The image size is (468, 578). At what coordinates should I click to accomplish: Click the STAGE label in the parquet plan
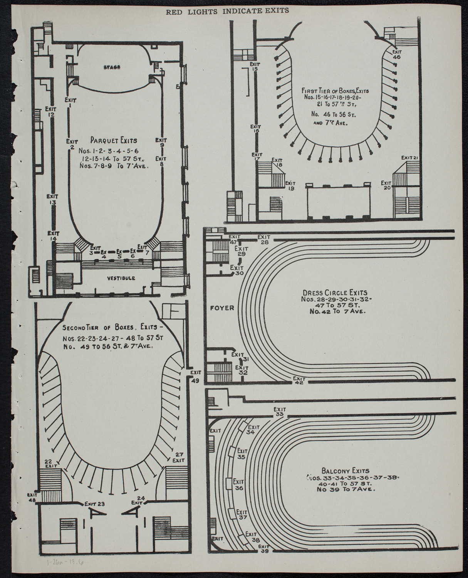[112, 67]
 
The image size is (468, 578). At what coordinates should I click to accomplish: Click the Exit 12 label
[50, 112]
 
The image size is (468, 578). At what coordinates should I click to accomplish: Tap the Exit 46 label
[397, 54]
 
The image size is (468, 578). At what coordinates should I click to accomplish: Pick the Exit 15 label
[254, 66]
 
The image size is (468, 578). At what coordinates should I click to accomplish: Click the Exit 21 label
[409, 157]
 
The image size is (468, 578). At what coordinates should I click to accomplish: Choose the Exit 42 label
[299, 380]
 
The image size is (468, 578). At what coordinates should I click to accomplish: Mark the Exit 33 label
[280, 412]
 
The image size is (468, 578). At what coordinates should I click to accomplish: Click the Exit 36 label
[238, 485]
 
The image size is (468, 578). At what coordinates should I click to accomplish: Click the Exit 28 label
[264, 239]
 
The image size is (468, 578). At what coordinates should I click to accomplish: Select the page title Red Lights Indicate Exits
[227, 11]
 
